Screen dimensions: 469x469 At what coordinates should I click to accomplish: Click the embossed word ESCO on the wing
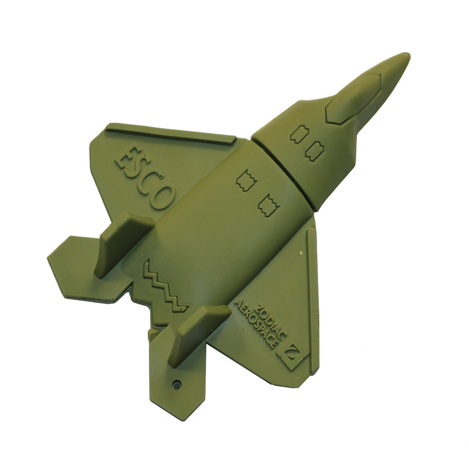pos(144,176)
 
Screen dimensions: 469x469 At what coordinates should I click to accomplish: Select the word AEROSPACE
pos(255,324)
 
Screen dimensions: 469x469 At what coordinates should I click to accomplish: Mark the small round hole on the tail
pos(178,383)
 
